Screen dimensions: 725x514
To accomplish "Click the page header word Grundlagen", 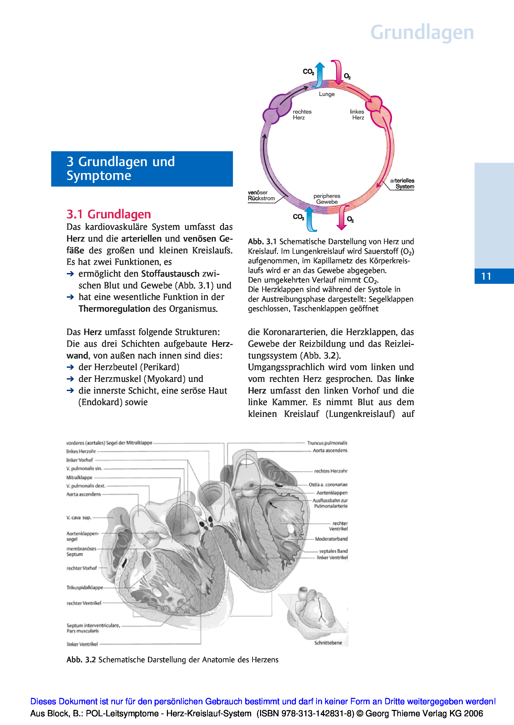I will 422,32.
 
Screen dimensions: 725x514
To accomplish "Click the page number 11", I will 486,276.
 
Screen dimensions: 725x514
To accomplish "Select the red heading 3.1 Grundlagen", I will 109,214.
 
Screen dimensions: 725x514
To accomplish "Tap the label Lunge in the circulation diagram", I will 327,94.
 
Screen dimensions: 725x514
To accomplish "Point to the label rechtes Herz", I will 302,115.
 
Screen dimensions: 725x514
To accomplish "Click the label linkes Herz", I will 357,115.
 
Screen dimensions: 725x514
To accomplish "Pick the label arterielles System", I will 402,183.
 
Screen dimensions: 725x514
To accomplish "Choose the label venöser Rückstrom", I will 261,196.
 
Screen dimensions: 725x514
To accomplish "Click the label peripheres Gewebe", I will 327,199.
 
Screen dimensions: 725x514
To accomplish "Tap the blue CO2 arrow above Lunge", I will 320,75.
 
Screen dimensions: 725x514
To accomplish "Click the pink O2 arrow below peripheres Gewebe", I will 342,218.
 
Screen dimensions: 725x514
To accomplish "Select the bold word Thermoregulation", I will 114,309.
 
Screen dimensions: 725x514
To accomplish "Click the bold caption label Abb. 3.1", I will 262,242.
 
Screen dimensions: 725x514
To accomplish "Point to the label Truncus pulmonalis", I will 327,443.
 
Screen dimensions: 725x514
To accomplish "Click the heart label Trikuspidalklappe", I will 84,587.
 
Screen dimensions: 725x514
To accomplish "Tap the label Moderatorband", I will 331,539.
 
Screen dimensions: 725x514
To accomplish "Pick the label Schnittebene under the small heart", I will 328,643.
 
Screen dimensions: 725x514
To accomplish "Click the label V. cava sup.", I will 79,517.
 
